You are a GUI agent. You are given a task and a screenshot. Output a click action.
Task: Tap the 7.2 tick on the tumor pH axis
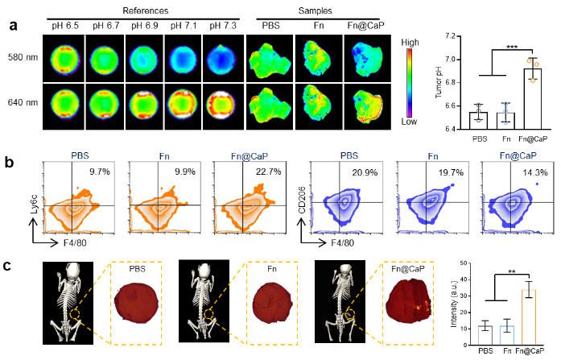(x=458, y=36)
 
